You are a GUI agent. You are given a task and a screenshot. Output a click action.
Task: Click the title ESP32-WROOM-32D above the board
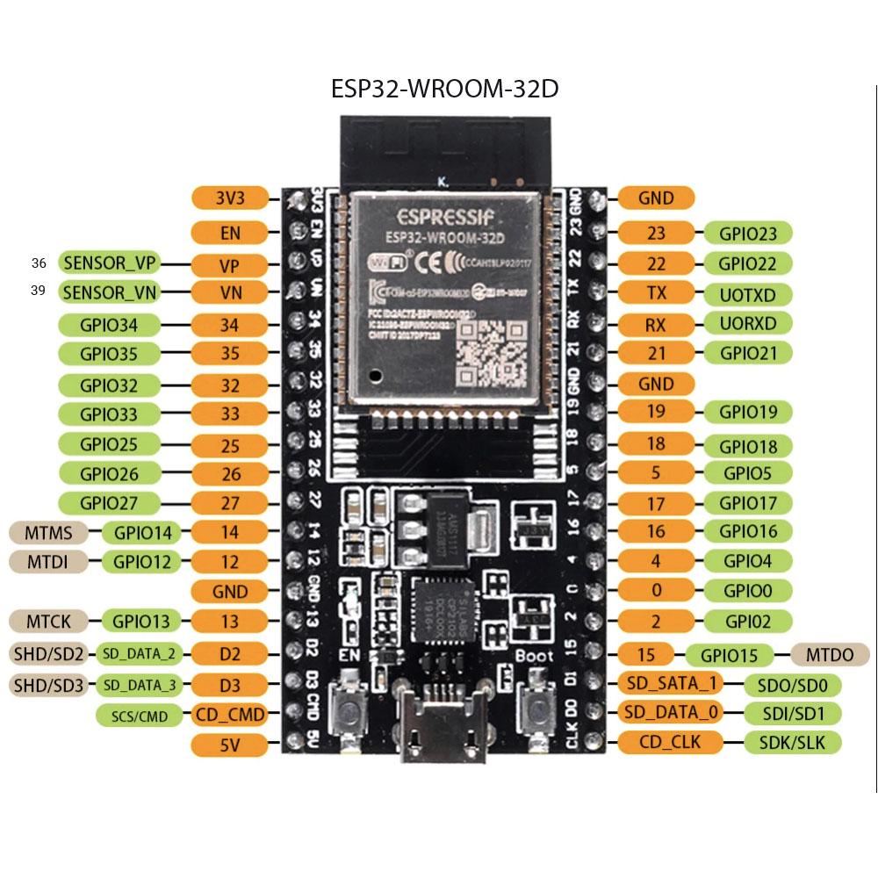(x=444, y=90)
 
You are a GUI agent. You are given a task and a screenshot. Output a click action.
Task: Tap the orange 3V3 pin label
(x=229, y=198)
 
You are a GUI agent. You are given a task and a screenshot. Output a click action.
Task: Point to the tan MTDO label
(x=829, y=655)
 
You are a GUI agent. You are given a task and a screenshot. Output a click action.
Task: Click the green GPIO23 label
(x=747, y=234)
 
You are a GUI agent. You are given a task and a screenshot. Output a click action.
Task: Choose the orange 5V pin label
(x=229, y=745)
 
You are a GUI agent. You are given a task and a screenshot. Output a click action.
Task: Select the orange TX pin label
(x=655, y=293)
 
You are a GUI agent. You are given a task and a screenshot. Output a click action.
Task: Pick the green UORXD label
(x=747, y=322)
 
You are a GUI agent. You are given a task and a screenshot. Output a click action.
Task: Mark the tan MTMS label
(x=48, y=532)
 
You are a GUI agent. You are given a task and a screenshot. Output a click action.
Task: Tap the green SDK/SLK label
(x=793, y=743)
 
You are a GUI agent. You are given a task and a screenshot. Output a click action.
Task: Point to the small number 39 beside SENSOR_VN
(x=38, y=291)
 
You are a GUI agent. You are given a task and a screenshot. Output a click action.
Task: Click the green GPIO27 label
(x=109, y=503)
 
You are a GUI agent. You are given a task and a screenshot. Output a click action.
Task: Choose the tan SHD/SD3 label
(x=48, y=684)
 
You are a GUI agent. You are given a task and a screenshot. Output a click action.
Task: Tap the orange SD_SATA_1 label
(x=672, y=683)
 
